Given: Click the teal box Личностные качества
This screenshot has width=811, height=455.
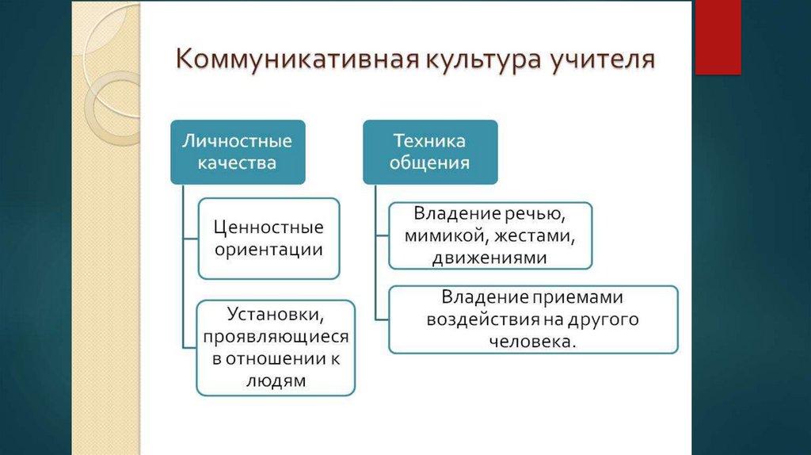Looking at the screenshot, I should tap(238, 152).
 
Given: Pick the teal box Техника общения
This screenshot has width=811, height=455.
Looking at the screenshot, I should tap(430, 152).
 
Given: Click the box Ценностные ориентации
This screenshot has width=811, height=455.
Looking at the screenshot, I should tap(268, 239).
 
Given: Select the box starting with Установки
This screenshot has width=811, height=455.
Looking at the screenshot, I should tap(276, 347).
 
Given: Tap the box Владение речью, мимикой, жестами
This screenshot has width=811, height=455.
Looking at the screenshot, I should tap(490, 235).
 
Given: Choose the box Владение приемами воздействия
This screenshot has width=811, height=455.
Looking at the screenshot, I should tap(533, 319).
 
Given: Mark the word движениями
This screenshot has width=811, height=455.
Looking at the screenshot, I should tap(489, 258).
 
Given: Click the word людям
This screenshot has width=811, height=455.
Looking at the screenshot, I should tap(276, 380).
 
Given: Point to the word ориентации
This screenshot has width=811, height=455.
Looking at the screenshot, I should tap(268, 250).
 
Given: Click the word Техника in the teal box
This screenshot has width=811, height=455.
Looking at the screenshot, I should tap(430, 142).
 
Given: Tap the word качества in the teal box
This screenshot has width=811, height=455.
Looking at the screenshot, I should tap(238, 164).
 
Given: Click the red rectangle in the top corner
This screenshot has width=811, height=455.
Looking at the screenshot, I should tap(718, 36).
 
